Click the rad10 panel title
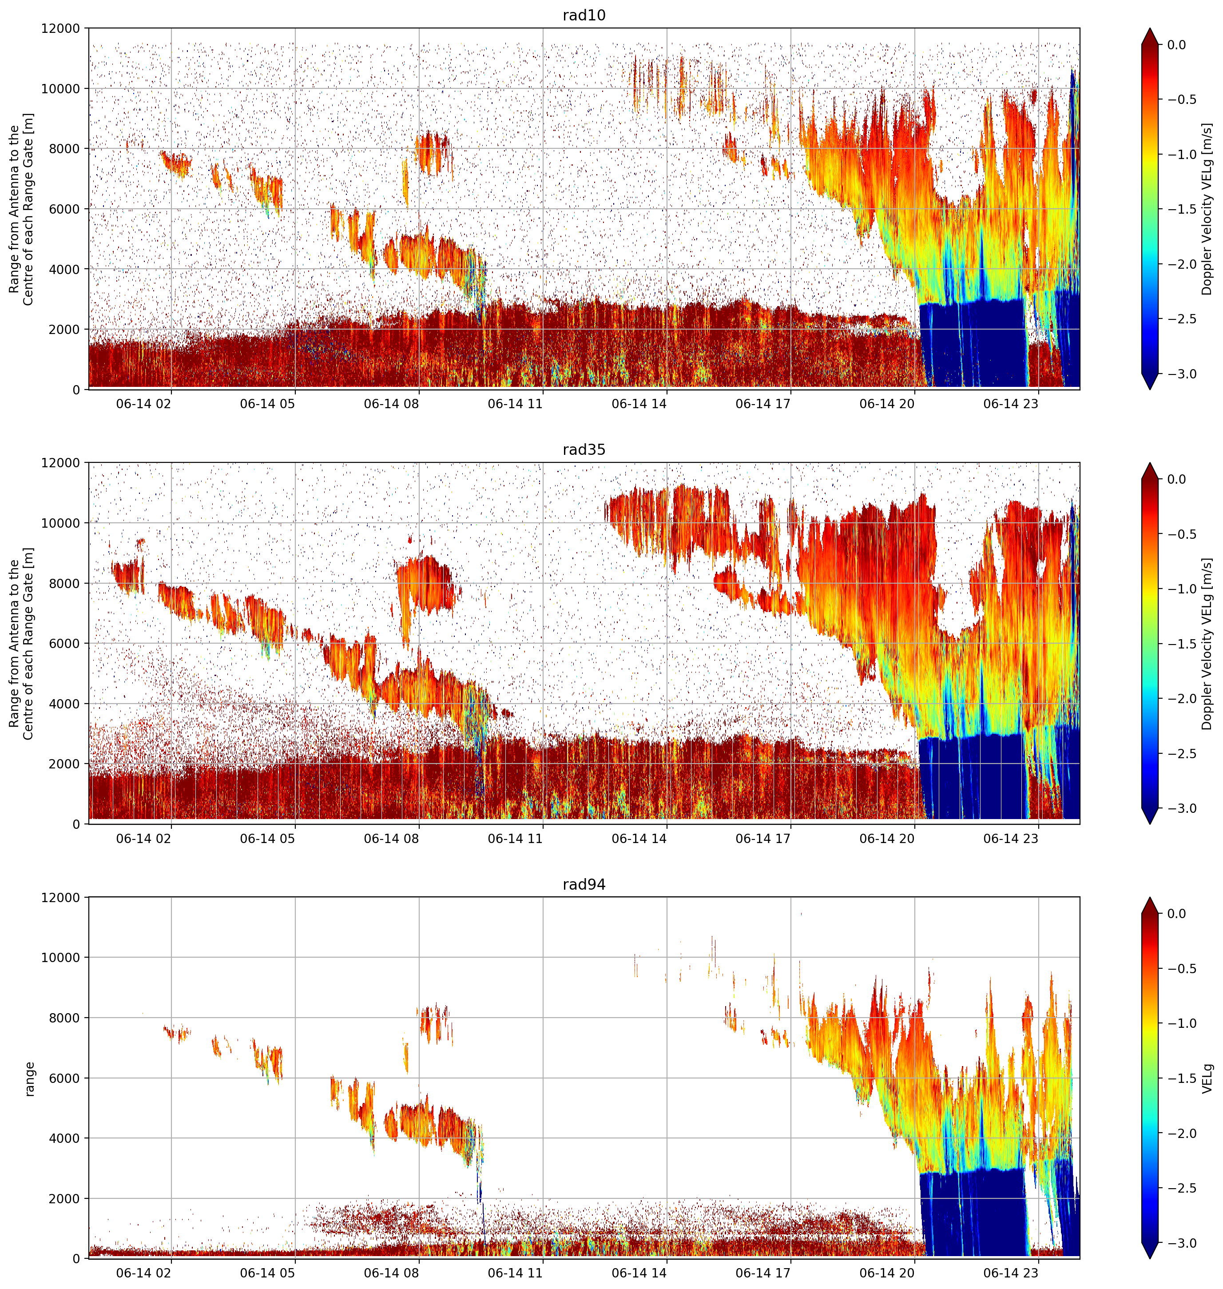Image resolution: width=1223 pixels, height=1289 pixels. pos(584,15)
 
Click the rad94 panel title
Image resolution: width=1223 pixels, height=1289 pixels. pos(584,884)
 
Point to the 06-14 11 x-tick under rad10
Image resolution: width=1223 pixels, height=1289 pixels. pos(515,404)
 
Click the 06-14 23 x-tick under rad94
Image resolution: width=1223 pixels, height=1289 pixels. pos(1010,1273)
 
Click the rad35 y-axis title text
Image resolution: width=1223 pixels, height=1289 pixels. pos(21,644)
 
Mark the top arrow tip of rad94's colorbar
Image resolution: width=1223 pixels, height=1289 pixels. pos(1150,898)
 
